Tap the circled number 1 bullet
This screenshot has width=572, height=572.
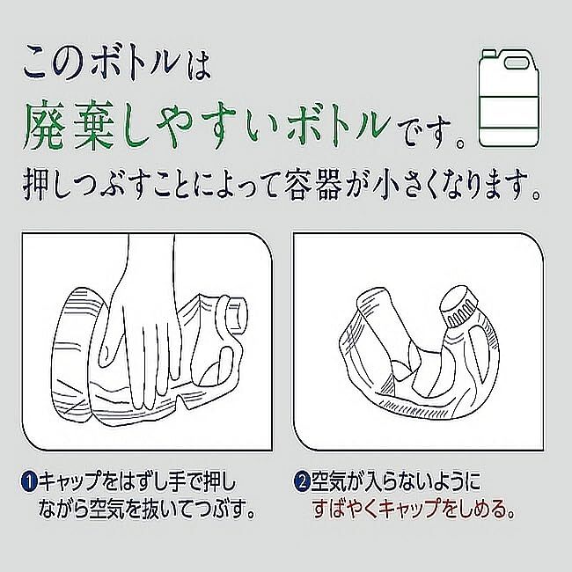[x=28, y=482]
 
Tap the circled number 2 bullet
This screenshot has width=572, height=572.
[x=301, y=482]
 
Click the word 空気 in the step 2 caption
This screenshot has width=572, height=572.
[x=331, y=482]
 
